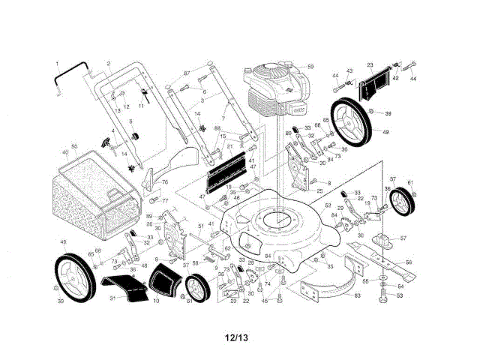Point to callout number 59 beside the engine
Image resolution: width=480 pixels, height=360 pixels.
[310, 67]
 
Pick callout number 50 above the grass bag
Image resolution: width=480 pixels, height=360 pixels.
[74, 145]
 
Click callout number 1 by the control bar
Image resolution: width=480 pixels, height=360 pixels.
[57, 63]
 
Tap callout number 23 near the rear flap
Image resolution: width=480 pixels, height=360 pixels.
[370, 65]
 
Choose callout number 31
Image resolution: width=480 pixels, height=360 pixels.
[112, 298]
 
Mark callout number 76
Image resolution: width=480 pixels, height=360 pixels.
[165, 182]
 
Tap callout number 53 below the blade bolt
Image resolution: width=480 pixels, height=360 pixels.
[400, 295]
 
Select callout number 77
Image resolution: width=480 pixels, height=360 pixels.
[165, 200]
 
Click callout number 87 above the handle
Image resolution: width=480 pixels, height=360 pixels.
[187, 73]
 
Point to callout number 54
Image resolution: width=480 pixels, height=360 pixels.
[400, 286]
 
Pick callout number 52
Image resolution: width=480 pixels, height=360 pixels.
[328, 205]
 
